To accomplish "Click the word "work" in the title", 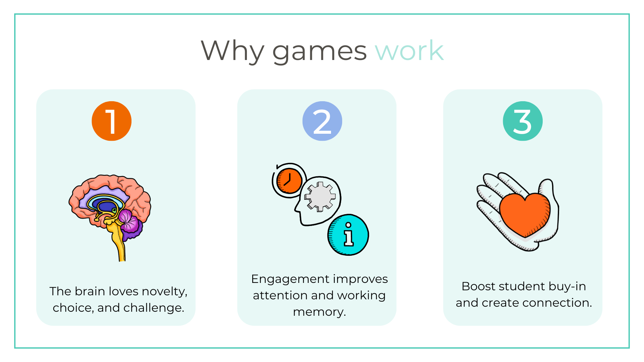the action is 410,51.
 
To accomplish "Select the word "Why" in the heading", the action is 232,51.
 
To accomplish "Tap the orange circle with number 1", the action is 112,121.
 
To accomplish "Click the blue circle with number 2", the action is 322,121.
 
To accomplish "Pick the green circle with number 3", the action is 523,121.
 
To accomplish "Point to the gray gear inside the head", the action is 320,197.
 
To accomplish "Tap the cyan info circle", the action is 348,235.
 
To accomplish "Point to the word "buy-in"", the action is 567,287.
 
